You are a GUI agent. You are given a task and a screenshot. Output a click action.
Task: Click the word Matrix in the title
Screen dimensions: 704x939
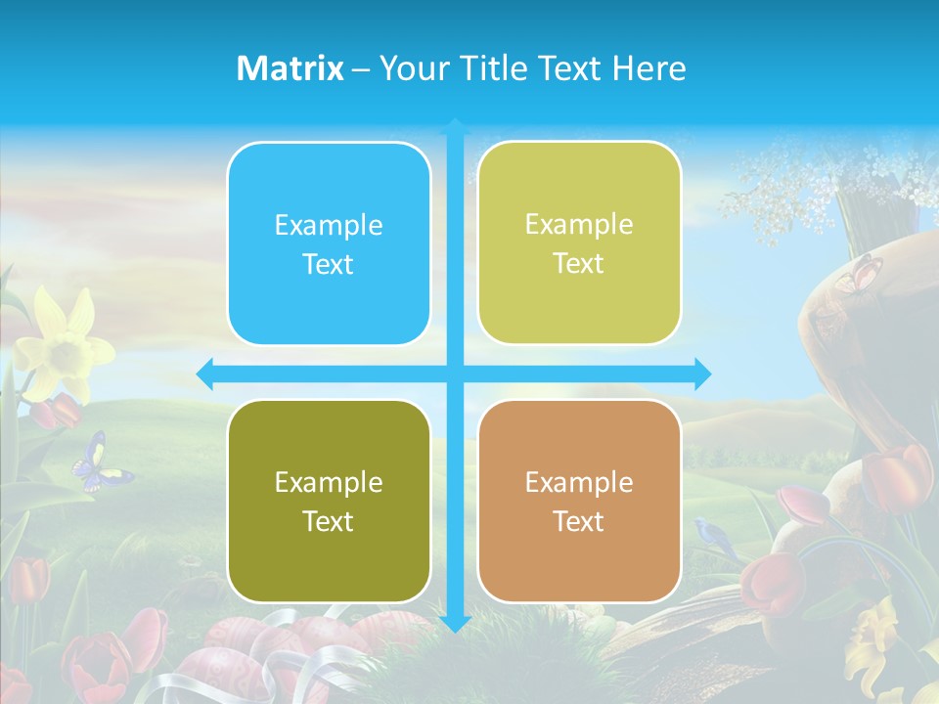pyautogui.click(x=291, y=68)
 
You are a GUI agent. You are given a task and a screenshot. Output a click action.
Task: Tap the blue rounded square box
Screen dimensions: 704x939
pyautogui.click(x=329, y=244)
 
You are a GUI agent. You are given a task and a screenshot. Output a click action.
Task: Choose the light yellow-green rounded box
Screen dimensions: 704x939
pyautogui.click(x=579, y=243)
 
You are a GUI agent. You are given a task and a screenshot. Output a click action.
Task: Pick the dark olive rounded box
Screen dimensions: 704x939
pyautogui.click(x=329, y=502)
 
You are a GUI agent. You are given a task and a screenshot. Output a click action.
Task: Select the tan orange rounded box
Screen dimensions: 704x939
pyautogui.click(x=579, y=502)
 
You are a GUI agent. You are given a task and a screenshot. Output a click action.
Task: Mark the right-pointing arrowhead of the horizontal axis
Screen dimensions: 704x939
pyautogui.click(x=702, y=374)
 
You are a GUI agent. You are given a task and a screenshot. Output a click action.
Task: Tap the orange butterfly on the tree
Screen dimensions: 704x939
pyautogui.click(x=860, y=273)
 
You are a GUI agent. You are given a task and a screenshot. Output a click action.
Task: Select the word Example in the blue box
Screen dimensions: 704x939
pyautogui.click(x=329, y=225)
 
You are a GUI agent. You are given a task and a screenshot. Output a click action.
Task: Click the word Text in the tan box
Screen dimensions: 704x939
pyautogui.click(x=579, y=521)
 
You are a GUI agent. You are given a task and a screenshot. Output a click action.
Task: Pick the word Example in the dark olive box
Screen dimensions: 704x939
pyautogui.click(x=329, y=482)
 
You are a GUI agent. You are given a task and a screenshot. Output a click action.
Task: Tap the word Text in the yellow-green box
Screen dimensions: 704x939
pyautogui.click(x=579, y=263)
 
